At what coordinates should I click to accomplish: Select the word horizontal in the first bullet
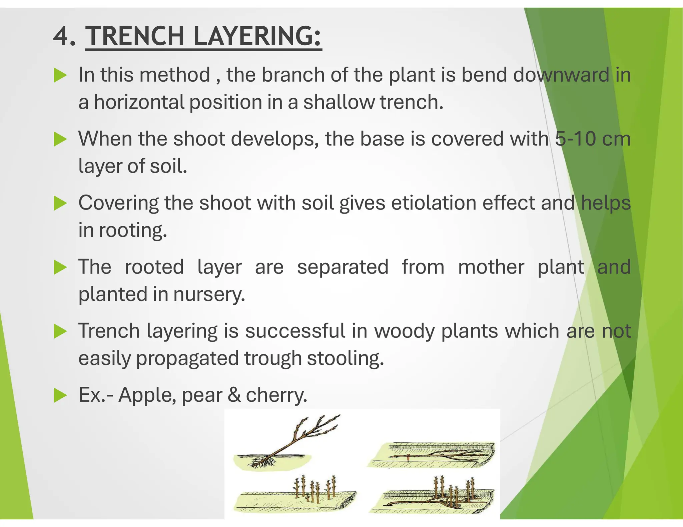point(139,102)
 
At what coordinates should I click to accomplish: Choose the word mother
point(491,267)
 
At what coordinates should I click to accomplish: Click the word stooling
point(345,358)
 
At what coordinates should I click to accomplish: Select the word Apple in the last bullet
point(147,395)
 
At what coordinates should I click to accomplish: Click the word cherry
point(276,395)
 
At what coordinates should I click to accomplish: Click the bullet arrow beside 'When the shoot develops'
point(60,139)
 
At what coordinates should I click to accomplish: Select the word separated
point(343,267)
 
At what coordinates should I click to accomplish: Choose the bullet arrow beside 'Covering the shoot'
point(60,203)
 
